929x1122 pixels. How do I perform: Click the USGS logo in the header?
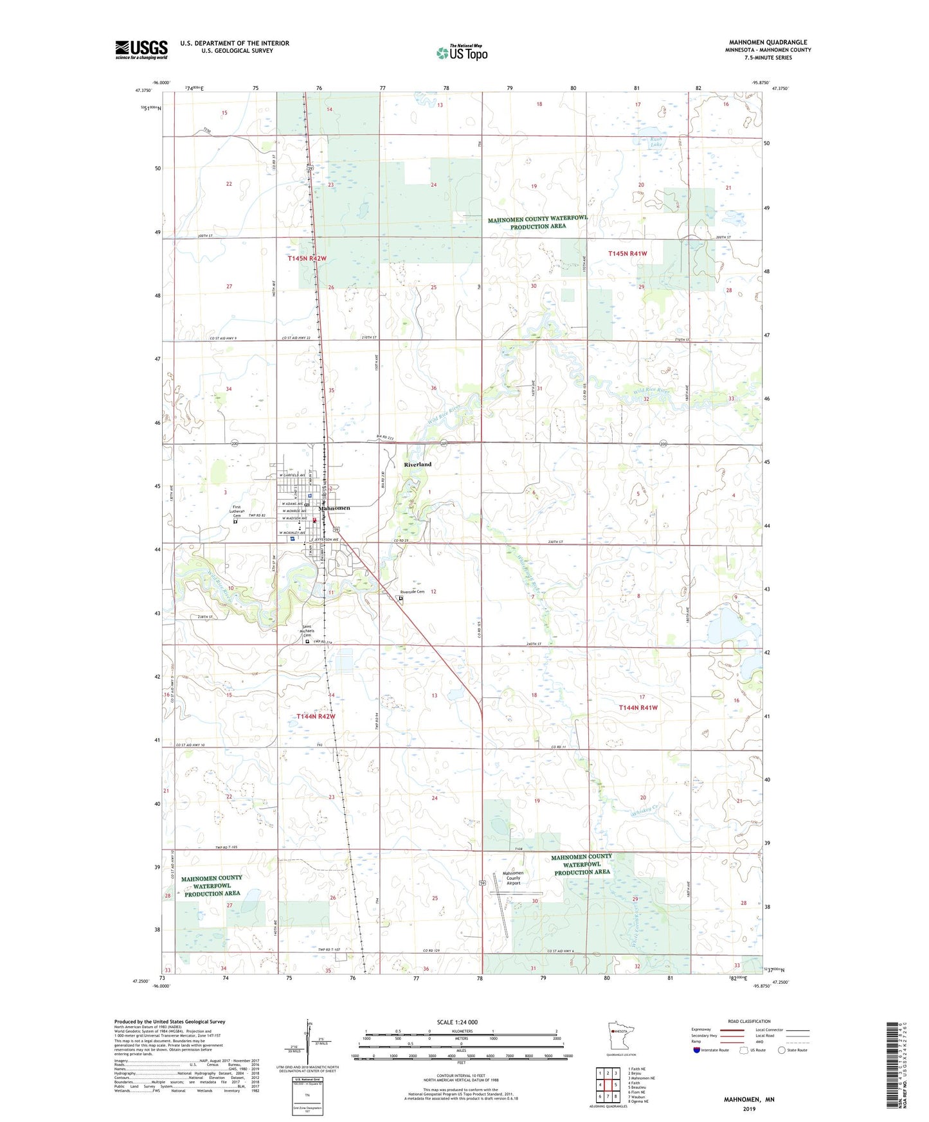tap(141, 49)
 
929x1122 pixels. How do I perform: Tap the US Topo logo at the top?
tap(461, 53)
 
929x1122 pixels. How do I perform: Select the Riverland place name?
tap(418, 464)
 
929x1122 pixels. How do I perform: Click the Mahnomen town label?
tap(334, 508)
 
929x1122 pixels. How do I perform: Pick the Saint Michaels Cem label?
tap(312, 631)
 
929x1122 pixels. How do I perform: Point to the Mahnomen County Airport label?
tap(513, 878)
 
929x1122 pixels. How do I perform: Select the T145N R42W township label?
tap(307, 258)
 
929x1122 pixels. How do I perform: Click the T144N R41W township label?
tap(638, 708)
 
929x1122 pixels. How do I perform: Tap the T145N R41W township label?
tap(627, 254)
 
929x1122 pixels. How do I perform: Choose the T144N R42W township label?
tap(316, 716)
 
